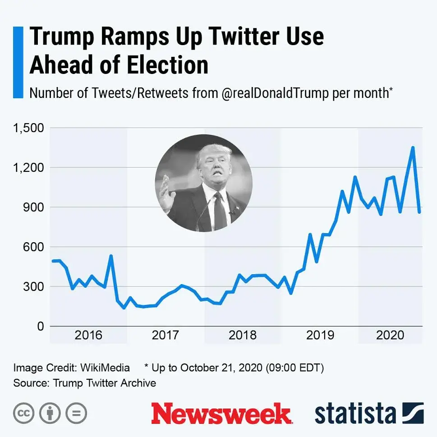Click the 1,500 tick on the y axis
[x=28, y=128]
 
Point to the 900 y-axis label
[x=34, y=207]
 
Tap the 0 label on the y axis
[x=40, y=326]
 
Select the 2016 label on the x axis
[x=88, y=335]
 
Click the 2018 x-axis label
[x=243, y=335]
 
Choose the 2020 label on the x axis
[x=390, y=335]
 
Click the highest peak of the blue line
[x=412, y=147]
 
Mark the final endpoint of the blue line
[x=419, y=212]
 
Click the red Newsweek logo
[x=221, y=414]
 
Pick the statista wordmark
[x=355, y=414]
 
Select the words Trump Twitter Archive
[x=105, y=383]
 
